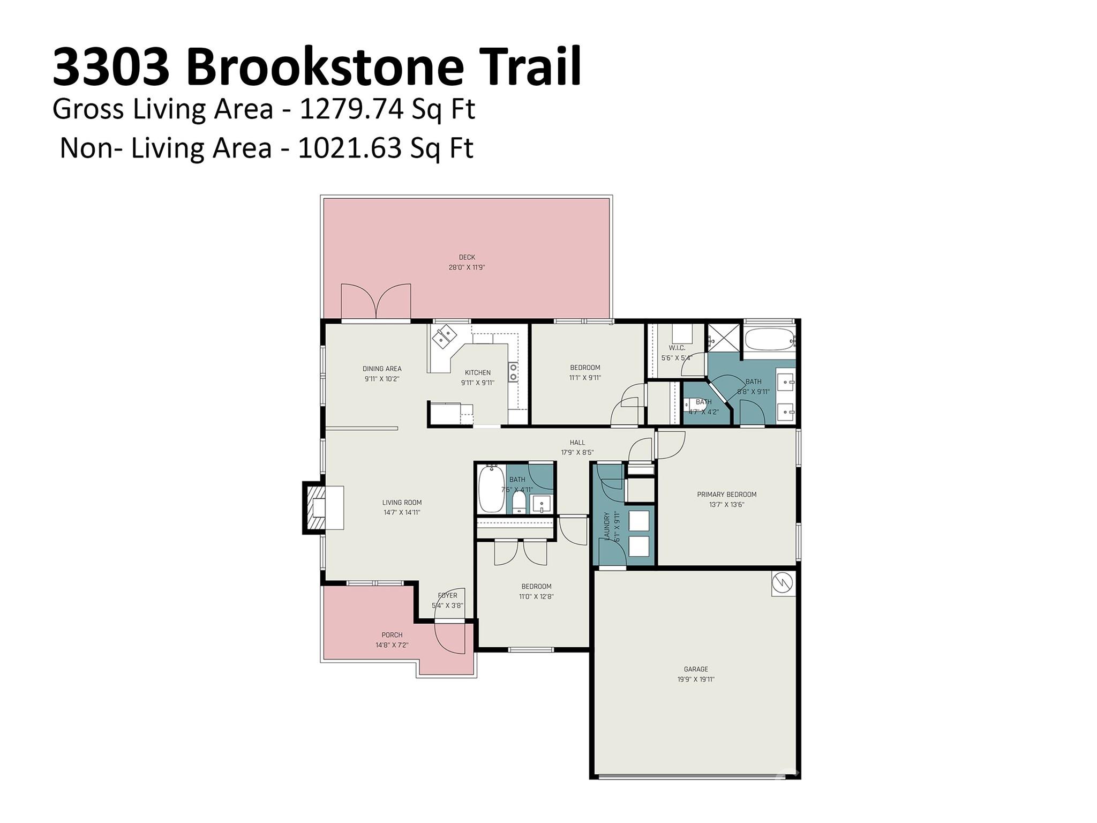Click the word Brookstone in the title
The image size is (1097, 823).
point(325,67)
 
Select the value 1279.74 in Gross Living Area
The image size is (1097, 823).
point(351,109)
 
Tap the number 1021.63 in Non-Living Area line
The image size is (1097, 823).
point(349,148)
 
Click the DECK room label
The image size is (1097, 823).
point(467,257)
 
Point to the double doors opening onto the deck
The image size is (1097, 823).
point(376,302)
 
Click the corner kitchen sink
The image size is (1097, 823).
point(444,338)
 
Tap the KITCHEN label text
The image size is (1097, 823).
point(477,372)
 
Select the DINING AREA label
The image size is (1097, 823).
point(381,369)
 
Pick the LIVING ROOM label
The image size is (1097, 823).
point(402,503)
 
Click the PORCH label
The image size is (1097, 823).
point(392,635)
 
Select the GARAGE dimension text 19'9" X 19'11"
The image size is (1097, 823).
point(696,679)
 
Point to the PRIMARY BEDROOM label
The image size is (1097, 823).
point(726,495)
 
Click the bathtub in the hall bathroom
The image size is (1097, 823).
point(491,489)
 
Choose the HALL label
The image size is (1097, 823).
point(577,443)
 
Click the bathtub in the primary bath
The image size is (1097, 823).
point(768,339)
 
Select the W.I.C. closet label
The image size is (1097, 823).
point(677,348)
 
